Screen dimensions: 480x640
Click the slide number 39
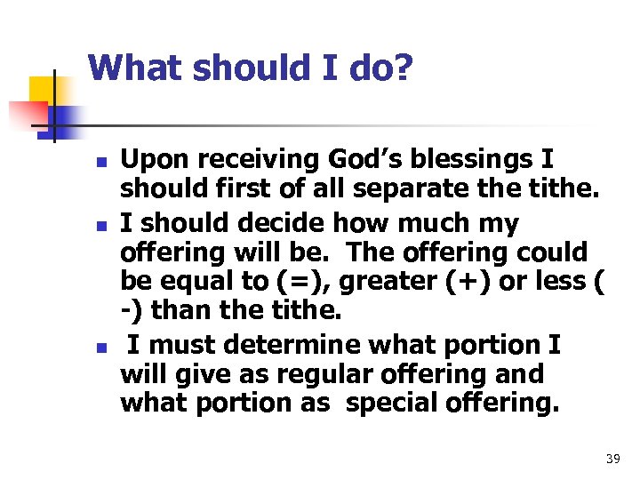pyautogui.click(x=612, y=460)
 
